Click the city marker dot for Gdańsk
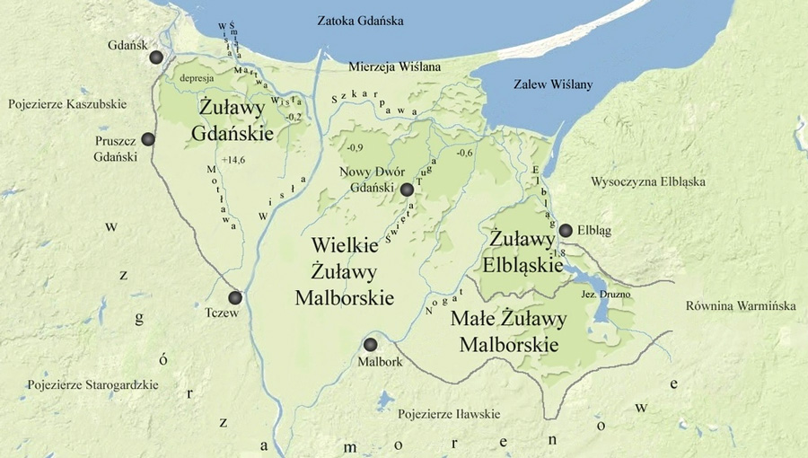(x=157, y=57)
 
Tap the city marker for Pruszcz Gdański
(x=148, y=139)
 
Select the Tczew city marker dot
(x=235, y=297)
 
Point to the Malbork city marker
(x=370, y=344)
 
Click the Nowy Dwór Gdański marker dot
(x=407, y=189)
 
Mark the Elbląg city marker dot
(x=565, y=231)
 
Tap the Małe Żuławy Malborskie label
(x=508, y=331)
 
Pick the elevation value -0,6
(x=464, y=153)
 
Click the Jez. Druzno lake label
(x=594, y=295)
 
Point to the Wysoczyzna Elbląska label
(x=647, y=182)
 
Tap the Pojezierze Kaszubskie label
(x=67, y=104)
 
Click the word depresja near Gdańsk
(x=195, y=78)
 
